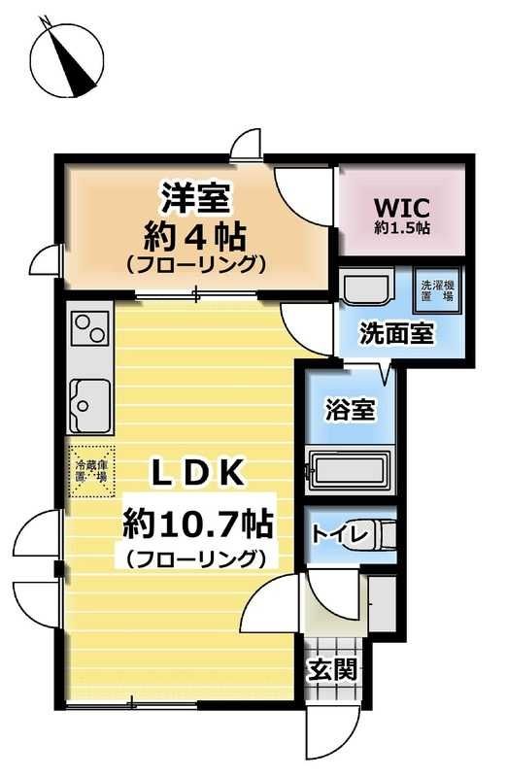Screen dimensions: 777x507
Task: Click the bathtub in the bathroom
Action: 348,472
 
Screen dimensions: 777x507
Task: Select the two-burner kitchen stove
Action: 89,327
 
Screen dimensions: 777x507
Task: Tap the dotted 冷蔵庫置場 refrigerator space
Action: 92,470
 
